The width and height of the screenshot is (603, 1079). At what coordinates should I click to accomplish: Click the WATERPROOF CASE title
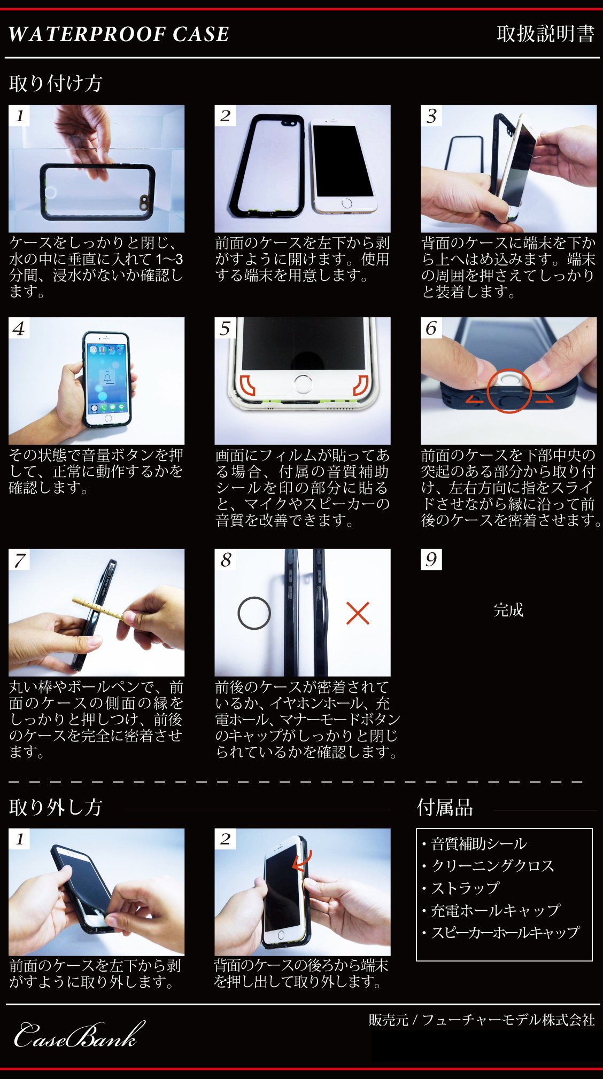(x=119, y=34)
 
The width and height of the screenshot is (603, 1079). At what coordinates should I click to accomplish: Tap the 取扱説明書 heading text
(x=545, y=34)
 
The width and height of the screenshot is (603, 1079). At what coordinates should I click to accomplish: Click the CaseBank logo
(x=79, y=1035)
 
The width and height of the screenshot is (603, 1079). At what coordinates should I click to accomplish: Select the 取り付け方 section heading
(x=56, y=83)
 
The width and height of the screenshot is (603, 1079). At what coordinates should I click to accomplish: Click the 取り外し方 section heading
(x=56, y=807)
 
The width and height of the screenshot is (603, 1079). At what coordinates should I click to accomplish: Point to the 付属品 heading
(x=445, y=807)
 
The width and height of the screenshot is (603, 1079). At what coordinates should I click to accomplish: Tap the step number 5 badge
(x=225, y=328)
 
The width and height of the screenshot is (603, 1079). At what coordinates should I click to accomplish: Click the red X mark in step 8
(x=358, y=613)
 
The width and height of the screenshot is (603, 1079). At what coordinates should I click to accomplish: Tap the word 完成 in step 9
(x=508, y=609)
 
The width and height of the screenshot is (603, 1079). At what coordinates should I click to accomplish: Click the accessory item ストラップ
(x=465, y=888)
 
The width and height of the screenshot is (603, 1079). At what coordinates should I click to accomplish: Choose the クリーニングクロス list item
(x=492, y=865)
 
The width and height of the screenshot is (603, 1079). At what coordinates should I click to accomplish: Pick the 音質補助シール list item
(x=479, y=843)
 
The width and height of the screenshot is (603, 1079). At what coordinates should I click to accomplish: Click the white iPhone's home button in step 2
(x=347, y=203)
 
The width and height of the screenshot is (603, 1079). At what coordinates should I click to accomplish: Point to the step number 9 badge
(x=431, y=559)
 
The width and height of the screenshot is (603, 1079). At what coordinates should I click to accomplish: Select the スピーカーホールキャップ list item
(x=505, y=932)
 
